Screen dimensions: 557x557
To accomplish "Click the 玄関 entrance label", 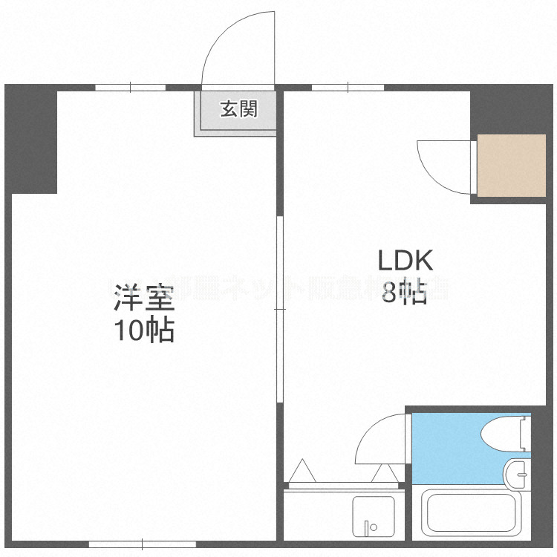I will (238, 109).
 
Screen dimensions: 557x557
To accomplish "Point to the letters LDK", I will (405, 261).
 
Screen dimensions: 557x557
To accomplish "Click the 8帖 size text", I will (405, 294).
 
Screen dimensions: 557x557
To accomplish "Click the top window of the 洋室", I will (130, 88).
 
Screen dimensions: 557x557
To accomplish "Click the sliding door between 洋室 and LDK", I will (280, 310).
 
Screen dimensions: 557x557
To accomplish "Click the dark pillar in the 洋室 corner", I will (33, 141).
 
